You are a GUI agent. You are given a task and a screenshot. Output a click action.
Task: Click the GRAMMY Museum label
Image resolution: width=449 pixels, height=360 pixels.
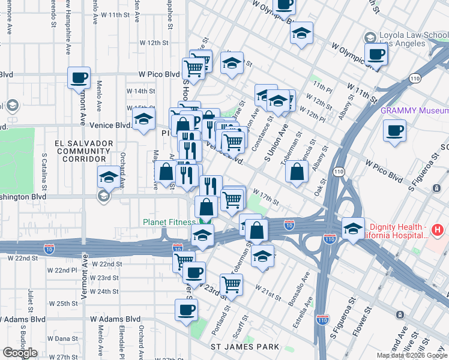(x=414, y=111)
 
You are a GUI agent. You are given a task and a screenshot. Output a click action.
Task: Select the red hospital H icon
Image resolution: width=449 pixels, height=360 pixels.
(x=437, y=229)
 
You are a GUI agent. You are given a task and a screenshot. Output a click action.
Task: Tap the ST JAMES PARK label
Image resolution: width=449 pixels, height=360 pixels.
(x=244, y=347)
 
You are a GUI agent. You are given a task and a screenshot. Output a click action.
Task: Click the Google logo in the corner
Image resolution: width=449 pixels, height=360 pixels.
(x=20, y=353)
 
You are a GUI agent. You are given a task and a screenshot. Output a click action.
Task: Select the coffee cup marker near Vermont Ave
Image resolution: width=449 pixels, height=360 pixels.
(x=79, y=77)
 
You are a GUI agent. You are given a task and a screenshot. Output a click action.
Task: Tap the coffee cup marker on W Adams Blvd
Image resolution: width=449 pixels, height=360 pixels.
(x=186, y=310)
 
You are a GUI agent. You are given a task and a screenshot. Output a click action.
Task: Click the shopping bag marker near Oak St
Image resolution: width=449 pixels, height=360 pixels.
(x=298, y=172)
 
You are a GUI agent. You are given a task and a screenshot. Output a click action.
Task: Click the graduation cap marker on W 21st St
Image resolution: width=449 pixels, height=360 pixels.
(x=262, y=256)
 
